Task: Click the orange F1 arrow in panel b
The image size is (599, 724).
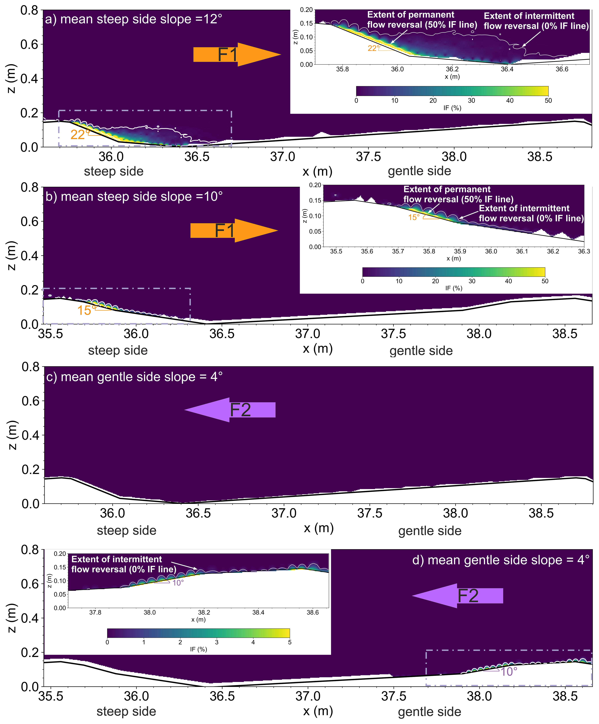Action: click(x=234, y=230)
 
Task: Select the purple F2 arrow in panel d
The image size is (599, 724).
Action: click(x=457, y=595)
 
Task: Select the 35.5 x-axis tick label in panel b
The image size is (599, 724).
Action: click(x=51, y=334)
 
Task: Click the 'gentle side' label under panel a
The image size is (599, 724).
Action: click(x=419, y=171)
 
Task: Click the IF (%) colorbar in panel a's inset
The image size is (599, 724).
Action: click(x=452, y=91)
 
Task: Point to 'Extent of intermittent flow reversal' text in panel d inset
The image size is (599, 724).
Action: click(x=124, y=564)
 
